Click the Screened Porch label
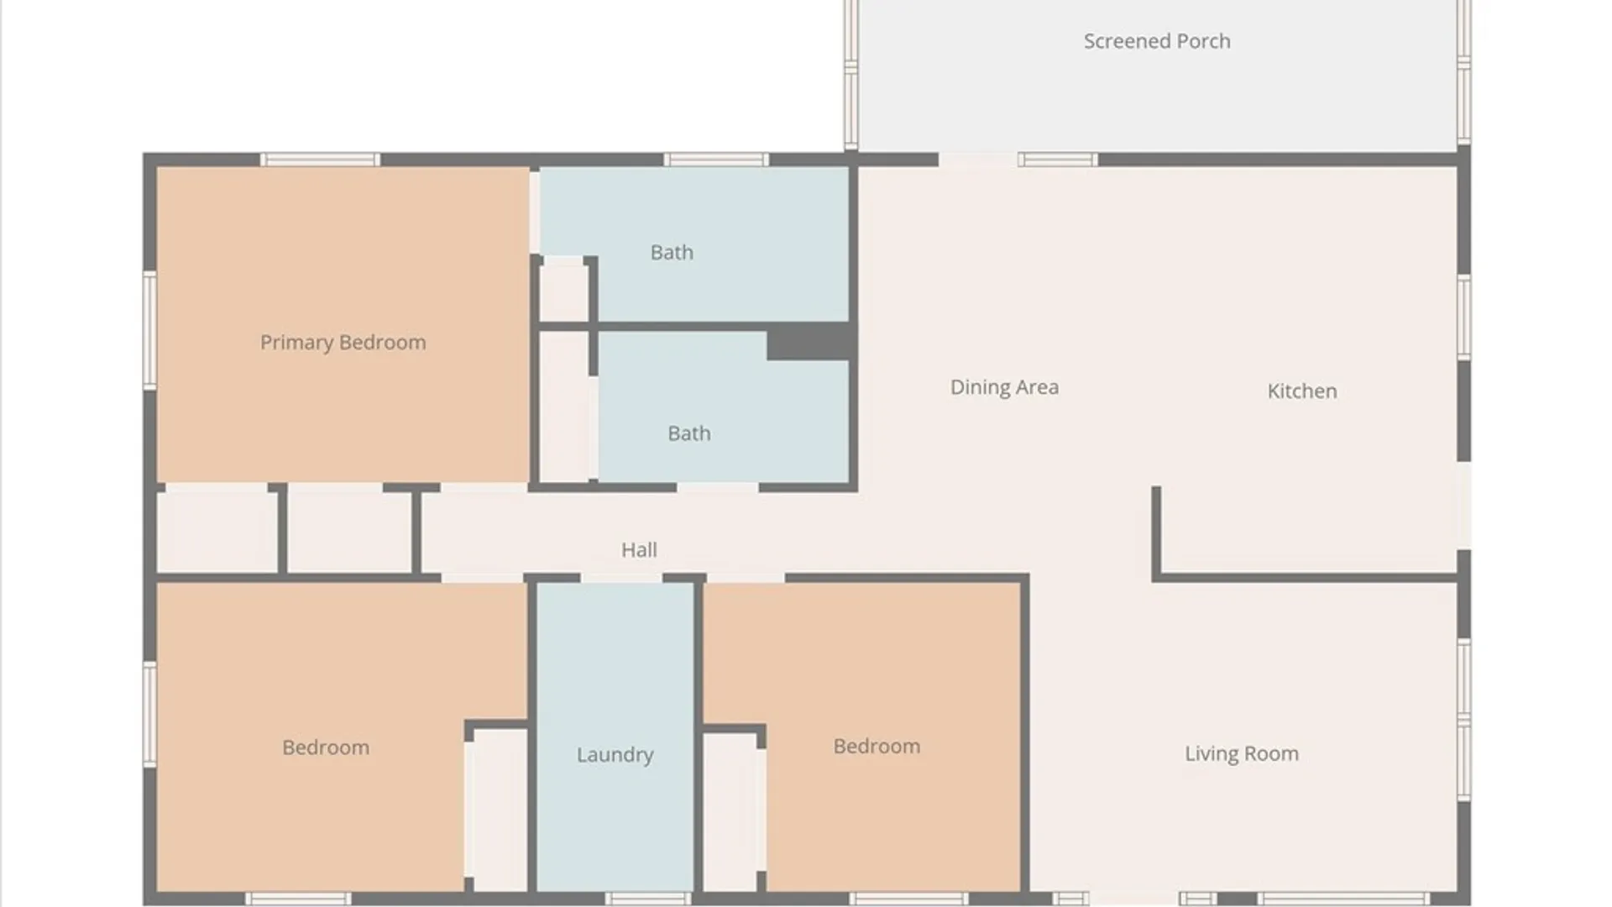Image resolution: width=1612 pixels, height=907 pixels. pyautogui.click(x=1157, y=41)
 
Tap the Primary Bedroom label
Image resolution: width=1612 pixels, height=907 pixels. pyautogui.click(x=343, y=343)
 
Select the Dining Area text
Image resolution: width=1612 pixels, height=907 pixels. pyautogui.click(x=1004, y=387)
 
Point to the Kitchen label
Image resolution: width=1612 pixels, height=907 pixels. pyautogui.click(x=1302, y=391)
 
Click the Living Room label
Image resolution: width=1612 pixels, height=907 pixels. pyautogui.click(x=1242, y=754)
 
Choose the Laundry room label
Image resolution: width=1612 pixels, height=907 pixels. pyautogui.click(x=615, y=755)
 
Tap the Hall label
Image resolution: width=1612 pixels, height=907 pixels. pyautogui.click(x=639, y=550)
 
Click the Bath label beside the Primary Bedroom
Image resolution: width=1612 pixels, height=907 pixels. pyautogui.click(x=672, y=253)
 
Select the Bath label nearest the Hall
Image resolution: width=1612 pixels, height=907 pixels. pyautogui.click(x=688, y=433)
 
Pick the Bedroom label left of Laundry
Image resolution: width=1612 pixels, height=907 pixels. pyautogui.click(x=326, y=747)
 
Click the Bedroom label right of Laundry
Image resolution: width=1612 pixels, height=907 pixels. pyautogui.click(x=877, y=747)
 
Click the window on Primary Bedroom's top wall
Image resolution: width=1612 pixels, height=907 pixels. pyautogui.click(x=320, y=160)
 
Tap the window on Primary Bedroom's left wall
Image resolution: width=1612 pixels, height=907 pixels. pyautogui.click(x=149, y=329)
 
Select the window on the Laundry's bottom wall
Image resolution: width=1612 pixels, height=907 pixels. pyautogui.click(x=647, y=899)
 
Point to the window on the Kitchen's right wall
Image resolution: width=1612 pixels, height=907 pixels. pyautogui.click(x=1464, y=317)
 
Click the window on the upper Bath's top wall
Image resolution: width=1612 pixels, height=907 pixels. pyautogui.click(x=716, y=160)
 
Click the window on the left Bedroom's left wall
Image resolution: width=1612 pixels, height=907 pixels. pyautogui.click(x=149, y=714)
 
